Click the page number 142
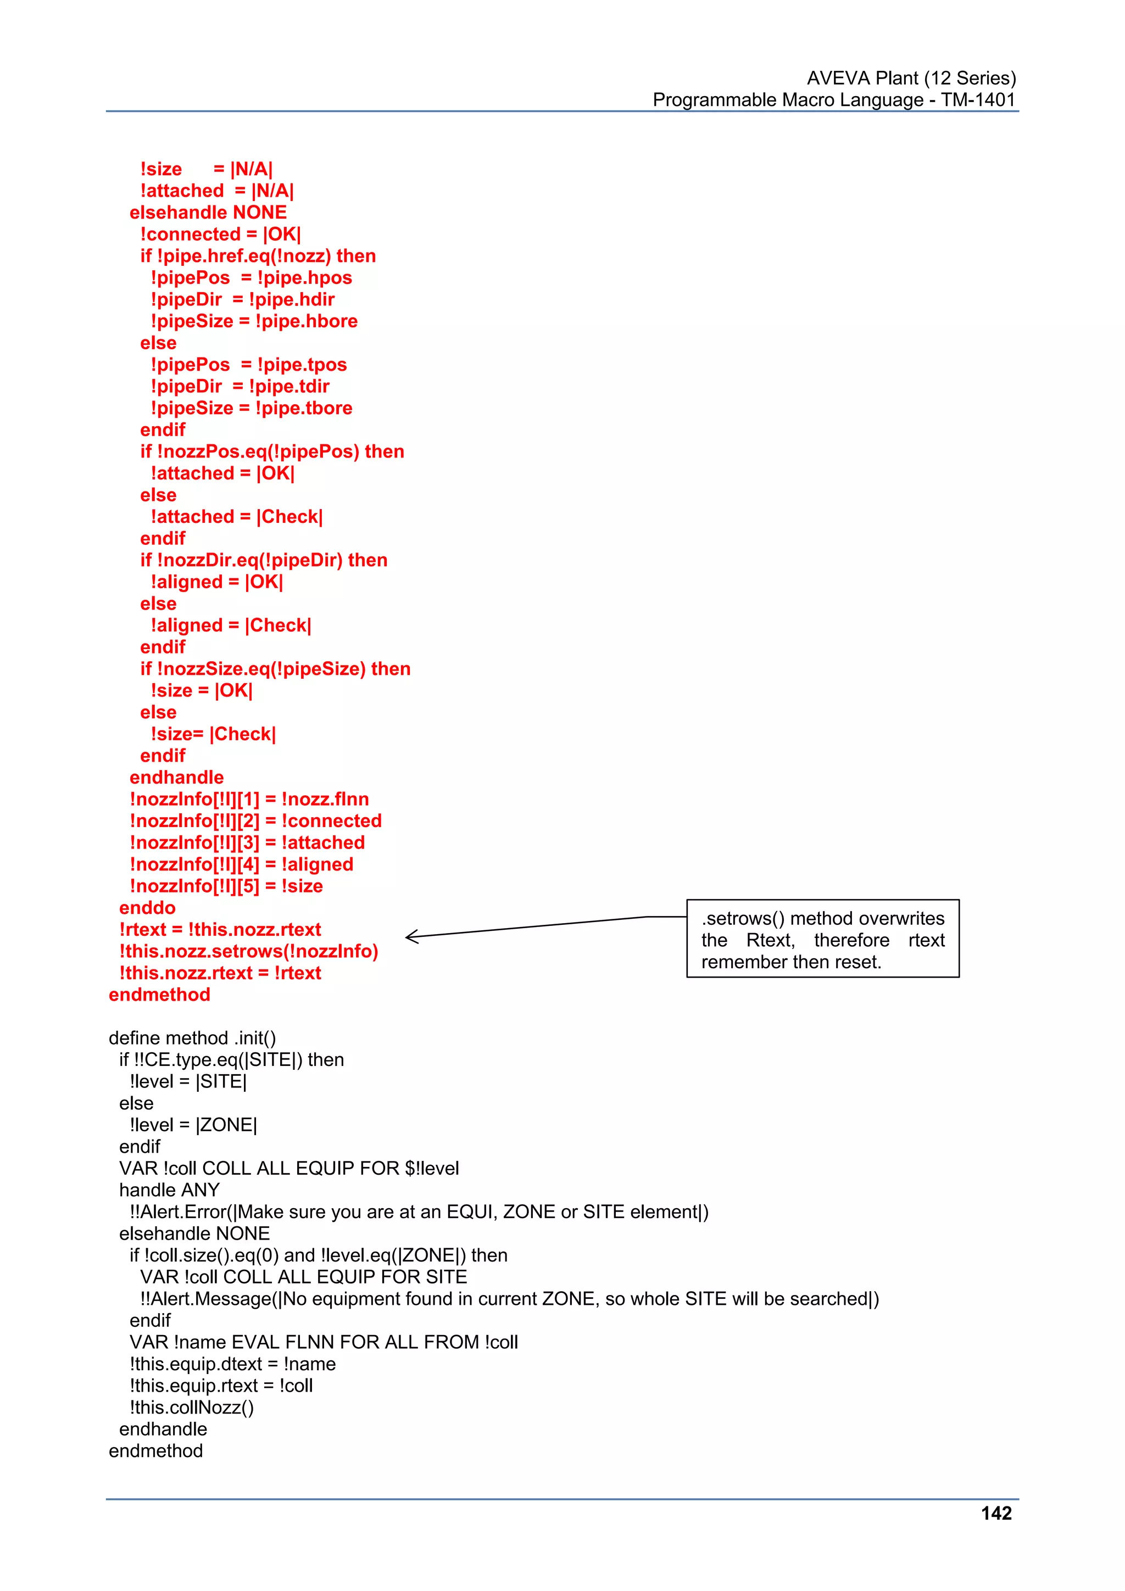pos(996,1514)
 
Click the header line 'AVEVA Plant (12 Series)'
pos(911,77)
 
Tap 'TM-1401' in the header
pos(977,100)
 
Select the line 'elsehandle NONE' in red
pos(208,212)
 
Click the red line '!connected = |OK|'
pos(220,234)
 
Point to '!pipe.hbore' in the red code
pos(307,321)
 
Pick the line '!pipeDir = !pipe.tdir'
pos(240,386)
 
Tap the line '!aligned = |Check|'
pos(231,625)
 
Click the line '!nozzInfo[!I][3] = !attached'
pos(247,842)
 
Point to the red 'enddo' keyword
pos(147,907)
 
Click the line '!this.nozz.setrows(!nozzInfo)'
pos(249,951)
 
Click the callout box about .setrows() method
pos(822,939)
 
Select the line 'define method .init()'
pos(192,1037)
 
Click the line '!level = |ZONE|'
pos(193,1125)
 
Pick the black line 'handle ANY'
pos(169,1190)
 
